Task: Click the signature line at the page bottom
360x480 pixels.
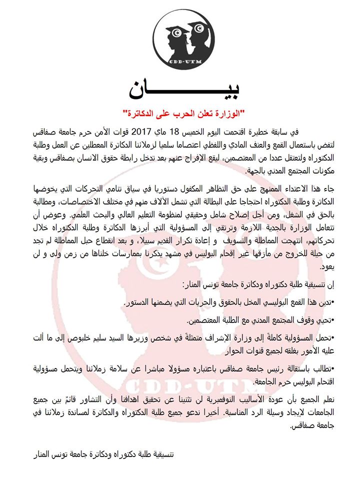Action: pos(102,455)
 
